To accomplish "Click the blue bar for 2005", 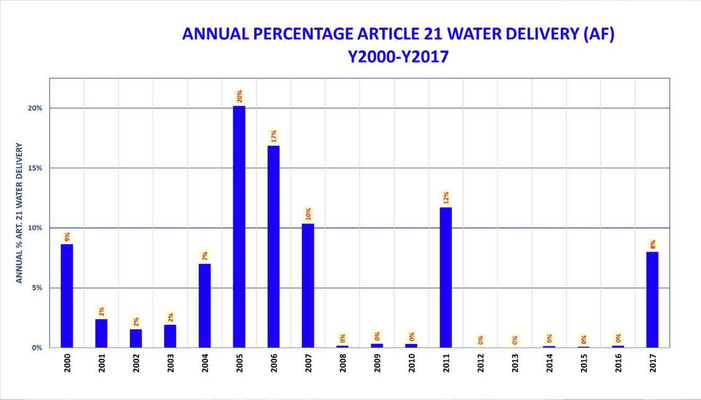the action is (x=239, y=226).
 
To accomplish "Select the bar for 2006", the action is (x=273, y=246).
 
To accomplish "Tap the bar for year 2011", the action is (x=446, y=277).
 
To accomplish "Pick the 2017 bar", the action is (x=653, y=300).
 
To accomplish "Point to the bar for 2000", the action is (x=67, y=295).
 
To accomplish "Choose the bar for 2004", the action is (x=204, y=305).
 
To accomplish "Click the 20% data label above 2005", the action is (x=239, y=96).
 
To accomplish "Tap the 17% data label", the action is (x=273, y=136).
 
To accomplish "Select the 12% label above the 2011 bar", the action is (x=446, y=198).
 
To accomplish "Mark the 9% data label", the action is (x=67, y=236).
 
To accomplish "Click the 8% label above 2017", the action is (x=653, y=244).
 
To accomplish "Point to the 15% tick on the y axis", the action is (x=34, y=168).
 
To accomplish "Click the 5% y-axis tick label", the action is (x=37, y=288).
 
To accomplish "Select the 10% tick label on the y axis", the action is (x=34, y=228).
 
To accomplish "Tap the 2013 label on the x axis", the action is (x=515, y=363).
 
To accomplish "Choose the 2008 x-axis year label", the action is (x=343, y=363).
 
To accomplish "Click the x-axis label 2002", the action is (x=136, y=363).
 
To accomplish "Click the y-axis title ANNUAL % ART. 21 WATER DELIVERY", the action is (x=19, y=213).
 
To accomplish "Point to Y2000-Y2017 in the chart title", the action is (x=398, y=57).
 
